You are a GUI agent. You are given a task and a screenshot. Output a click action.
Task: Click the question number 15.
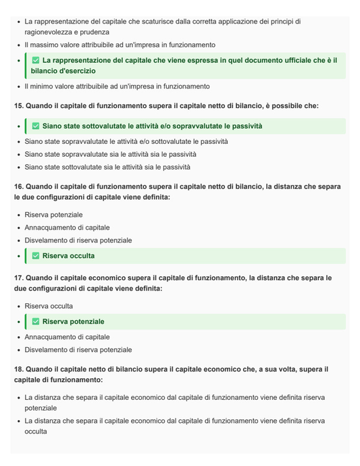18,106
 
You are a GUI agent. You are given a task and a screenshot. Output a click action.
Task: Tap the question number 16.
18,186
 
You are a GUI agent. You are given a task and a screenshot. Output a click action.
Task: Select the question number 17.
18,278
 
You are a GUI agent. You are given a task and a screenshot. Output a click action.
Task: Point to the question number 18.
18,369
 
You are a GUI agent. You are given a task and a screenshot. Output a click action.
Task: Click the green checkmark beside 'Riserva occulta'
36,256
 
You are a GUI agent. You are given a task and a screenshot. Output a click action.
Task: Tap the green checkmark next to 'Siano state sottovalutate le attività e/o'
36,126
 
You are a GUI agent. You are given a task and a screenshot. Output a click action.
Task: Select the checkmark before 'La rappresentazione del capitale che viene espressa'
36,61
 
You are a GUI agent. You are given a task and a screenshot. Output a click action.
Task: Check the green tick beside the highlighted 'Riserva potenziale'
36,321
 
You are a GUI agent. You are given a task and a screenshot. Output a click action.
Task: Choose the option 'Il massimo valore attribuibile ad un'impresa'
120,45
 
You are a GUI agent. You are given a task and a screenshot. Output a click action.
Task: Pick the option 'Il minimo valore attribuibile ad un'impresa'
117,86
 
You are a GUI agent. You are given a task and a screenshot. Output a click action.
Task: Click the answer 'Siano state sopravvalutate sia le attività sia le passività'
111,154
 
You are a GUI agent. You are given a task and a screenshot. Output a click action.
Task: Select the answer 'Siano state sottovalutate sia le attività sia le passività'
107,167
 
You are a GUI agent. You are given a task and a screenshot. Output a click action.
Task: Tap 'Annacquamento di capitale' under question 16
67,228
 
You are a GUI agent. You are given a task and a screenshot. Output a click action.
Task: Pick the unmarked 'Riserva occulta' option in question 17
49,306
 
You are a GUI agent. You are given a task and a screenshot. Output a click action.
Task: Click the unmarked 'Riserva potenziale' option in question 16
53,215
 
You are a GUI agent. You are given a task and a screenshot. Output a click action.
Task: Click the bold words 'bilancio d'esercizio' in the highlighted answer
63,71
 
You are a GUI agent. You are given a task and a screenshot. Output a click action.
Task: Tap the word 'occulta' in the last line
36,431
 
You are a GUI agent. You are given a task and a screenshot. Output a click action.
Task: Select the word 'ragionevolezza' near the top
48,32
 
